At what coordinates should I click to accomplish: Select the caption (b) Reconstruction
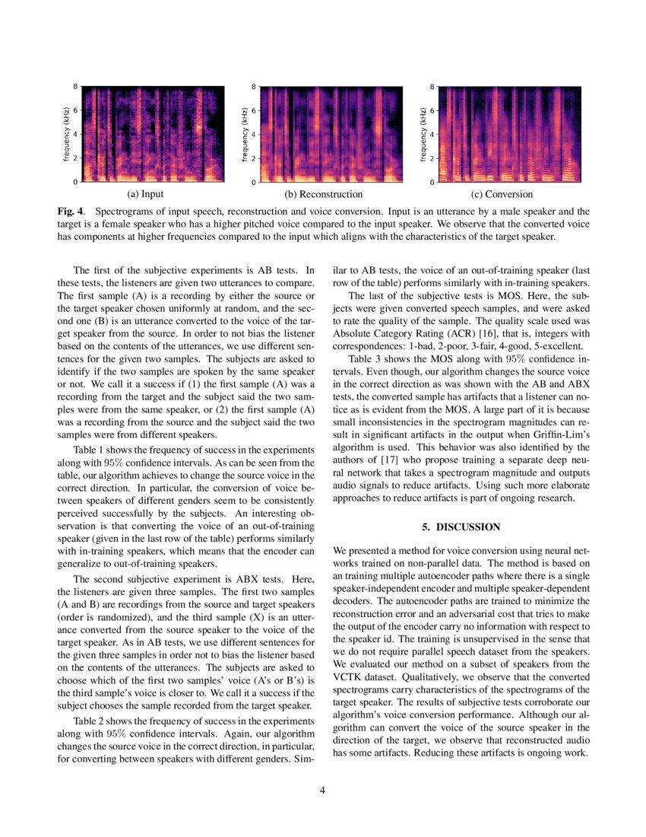pyautogui.click(x=323, y=194)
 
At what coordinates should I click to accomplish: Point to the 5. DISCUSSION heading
pyautogui.click(x=461, y=527)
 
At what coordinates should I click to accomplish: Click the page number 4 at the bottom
pyautogui.click(x=323, y=791)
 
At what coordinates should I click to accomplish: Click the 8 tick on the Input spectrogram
pyautogui.click(x=75, y=87)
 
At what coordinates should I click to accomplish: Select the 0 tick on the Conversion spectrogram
pyautogui.click(x=432, y=183)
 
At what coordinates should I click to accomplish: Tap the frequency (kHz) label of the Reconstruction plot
pyautogui.click(x=245, y=135)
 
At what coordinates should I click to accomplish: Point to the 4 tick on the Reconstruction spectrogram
pyautogui.click(x=254, y=135)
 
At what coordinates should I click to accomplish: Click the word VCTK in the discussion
pyautogui.click(x=350, y=676)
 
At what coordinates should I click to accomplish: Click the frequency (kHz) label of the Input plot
pyautogui.click(x=67, y=135)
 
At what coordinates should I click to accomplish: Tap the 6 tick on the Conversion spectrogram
pyautogui.click(x=432, y=110)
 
